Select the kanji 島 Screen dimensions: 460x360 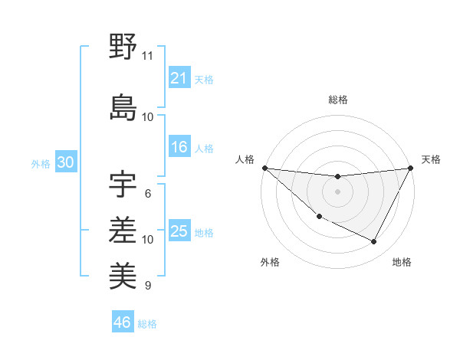click(x=123, y=106)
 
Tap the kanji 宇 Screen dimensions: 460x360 click(x=123, y=183)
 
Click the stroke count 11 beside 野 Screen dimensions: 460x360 click(x=147, y=56)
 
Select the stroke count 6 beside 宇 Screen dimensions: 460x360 click(x=147, y=194)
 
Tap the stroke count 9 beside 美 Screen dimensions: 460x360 click(x=147, y=286)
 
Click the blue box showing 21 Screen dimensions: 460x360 click(x=179, y=77)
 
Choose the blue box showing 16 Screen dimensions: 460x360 click(x=179, y=147)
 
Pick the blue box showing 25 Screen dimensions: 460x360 click(x=179, y=231)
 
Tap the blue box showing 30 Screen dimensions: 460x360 click(x=65, y=162)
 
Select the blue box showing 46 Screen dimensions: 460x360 click(x=122, y=322)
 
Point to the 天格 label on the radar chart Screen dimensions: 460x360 click(x=431, y=159)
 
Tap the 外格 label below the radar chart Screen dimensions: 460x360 click(x=270, y=262)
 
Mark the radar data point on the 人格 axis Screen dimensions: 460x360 click(x=264, y=168)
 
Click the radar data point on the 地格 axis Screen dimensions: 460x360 click(x=374, y=241)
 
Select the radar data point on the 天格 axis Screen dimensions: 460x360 click(x=410, y=168)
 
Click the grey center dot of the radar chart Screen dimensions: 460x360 click(x=337, y=191)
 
